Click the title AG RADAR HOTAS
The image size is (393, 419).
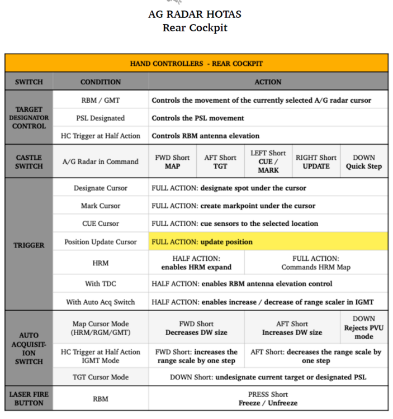195,15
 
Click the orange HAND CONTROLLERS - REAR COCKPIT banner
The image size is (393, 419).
196,64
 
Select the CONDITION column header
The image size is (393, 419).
100,82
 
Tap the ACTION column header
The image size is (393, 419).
268,82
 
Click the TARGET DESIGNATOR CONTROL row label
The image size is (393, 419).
29,118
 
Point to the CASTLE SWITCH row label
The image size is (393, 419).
29,161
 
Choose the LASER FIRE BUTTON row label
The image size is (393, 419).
29,398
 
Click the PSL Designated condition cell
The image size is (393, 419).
100,118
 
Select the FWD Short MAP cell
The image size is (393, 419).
172,161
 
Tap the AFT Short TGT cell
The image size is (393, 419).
220,161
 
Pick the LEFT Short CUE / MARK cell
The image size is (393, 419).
268,161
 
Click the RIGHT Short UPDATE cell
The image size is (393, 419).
316,161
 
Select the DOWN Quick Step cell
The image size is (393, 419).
364,161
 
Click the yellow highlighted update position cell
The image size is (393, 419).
268,242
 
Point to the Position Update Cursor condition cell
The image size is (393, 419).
100,242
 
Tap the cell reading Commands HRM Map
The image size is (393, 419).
316,263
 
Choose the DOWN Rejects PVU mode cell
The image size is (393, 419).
364,328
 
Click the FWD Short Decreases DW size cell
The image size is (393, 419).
196,328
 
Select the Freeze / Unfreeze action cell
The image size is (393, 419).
268,398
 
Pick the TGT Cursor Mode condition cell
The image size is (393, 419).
100,377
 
